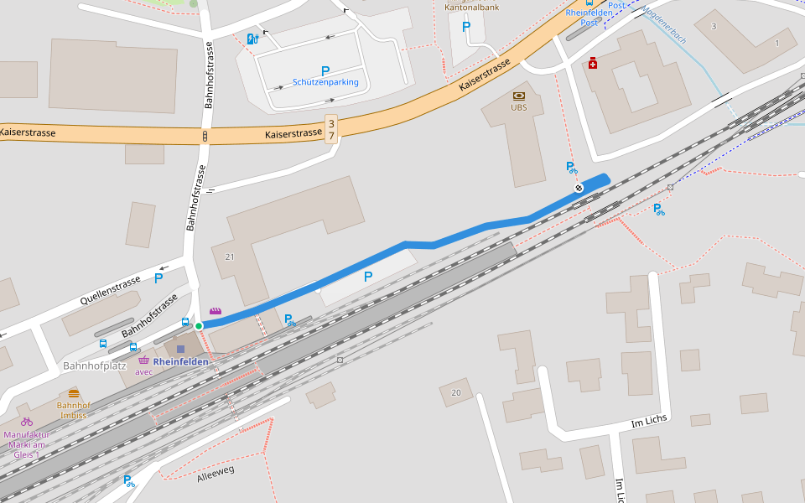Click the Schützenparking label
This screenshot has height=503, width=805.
coord(325,82)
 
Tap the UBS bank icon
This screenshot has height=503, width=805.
coord(519,96)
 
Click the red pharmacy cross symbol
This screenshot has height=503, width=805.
coord(593,63)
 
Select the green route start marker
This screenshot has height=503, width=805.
coord(199,325)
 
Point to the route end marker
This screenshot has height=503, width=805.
coord(579,188)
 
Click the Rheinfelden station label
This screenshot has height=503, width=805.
coord(181,361)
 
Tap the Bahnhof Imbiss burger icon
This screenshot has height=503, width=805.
coord(74,393)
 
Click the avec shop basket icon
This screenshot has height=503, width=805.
coord(143,360)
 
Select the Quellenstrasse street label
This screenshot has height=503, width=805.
coord(111,291)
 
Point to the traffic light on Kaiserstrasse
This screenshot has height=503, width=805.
coord(205,136)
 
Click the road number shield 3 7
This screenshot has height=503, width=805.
coord(331,129)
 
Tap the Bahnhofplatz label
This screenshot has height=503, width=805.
coord(94,366)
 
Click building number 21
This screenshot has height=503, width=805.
coord(229,257)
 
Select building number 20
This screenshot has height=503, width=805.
coord(456,392)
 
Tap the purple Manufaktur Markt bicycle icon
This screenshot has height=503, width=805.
coord(27,422)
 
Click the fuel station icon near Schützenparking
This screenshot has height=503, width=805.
coord(252,39)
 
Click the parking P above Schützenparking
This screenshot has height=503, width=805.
coord(325,71)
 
